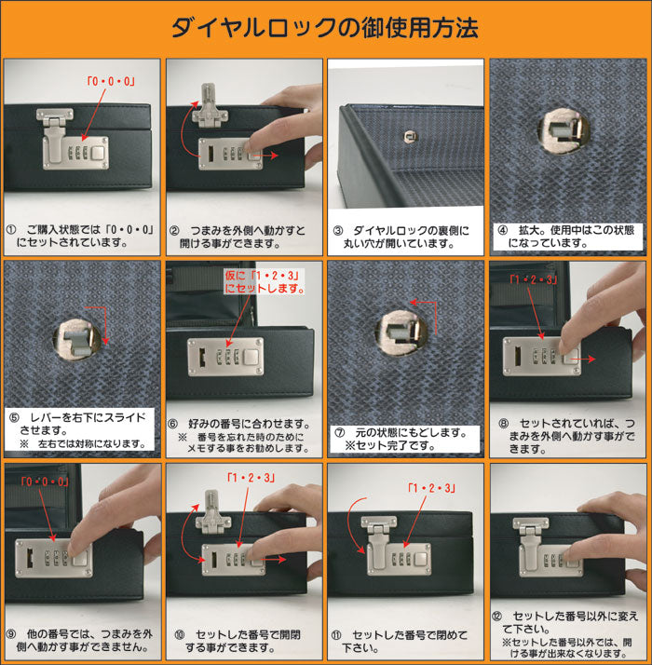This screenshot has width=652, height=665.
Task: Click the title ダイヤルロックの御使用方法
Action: point(325,28)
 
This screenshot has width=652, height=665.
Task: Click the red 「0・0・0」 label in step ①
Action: point(111,81)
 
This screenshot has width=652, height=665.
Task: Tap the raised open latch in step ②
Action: point(210,105)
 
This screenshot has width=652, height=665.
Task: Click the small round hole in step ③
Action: point(410,137)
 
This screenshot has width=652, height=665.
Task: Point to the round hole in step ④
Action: point(564,130)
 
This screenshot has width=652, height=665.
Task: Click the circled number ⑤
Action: point(14,418)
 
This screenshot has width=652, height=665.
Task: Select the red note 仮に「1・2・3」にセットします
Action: point(265,282)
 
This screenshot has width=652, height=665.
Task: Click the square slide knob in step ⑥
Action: point(251,357)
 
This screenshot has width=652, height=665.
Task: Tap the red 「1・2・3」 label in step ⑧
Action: point(533,279)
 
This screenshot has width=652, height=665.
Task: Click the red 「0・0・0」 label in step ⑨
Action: point(45,482)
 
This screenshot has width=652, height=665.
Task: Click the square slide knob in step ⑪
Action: point(421,560)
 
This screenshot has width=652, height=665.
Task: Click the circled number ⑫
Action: point(496,617)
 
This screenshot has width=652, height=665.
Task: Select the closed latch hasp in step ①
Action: point(54,136)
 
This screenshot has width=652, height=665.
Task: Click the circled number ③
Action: point(338,231)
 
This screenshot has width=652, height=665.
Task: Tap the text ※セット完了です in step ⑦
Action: point(389,446)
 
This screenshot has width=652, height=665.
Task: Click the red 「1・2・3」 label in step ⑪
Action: point(431,488)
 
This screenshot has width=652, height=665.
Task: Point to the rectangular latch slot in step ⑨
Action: point(30,558)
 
